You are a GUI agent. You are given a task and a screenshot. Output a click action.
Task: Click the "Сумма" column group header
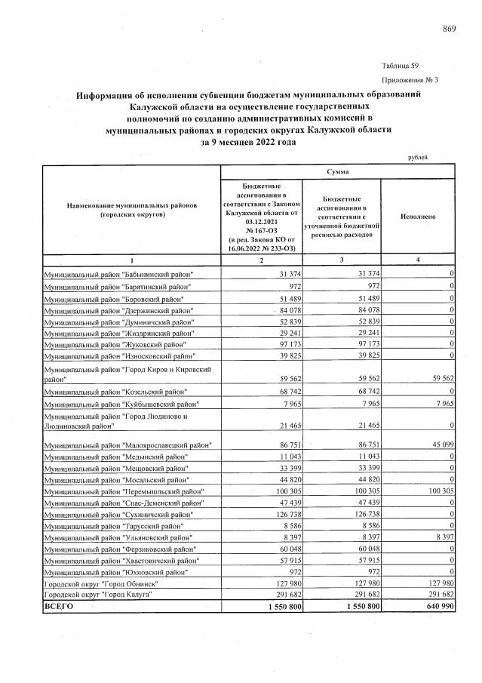(337, 171)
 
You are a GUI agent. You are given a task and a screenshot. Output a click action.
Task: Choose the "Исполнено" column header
(418, 216)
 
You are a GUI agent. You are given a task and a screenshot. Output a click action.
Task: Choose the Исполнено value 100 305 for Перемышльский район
(437, 491)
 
